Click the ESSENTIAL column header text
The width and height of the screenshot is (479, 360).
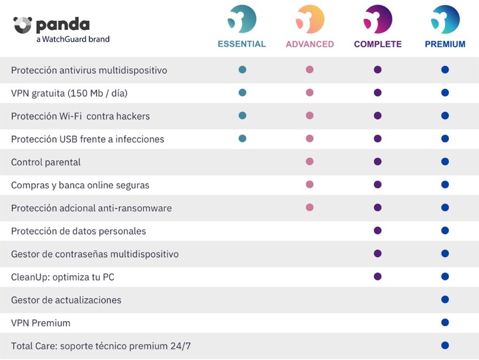(242, 44)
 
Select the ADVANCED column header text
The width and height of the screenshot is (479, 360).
(309, 44)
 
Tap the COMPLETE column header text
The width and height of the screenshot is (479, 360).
(377, 44)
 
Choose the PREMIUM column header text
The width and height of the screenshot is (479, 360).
(445, 44)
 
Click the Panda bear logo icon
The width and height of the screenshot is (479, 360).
(23, 24)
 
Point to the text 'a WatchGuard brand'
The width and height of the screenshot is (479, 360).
(73, 39)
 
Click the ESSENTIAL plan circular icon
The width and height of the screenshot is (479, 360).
(242, 19)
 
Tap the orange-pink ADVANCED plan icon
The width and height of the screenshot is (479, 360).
(309, 19)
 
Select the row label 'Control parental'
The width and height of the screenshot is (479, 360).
(46, 162)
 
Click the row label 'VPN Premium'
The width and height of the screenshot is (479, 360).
(40, 323)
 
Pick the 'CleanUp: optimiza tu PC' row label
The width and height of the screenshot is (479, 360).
(62, 277)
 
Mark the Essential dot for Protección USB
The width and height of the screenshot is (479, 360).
(242, 138)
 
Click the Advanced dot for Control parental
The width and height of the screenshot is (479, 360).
(309, 162)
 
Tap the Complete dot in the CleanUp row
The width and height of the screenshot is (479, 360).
(377, 277)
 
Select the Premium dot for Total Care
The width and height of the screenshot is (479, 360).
(445, 345)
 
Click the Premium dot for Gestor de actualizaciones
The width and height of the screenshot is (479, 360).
(445, 299)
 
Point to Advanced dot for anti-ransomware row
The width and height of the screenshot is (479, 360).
(309, 207)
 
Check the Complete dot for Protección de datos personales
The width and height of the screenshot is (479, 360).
(377, 231)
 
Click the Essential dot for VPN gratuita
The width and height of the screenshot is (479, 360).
(242, 93)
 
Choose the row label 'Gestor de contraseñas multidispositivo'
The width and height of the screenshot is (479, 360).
(94, 254)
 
